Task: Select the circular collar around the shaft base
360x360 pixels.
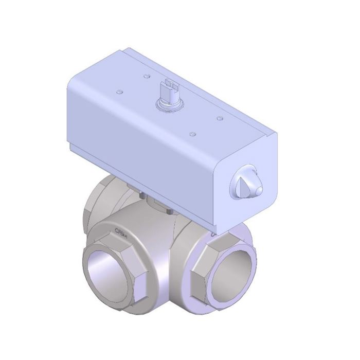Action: pyautogui.click(x=170, y=104)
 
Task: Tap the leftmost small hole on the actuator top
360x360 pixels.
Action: pyautogui.click(x=119, y=93)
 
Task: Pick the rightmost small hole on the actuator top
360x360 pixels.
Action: pyautogui.click(x=220, y=118)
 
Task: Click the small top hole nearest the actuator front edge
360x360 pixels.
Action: pyautogui.click(x=192, y=134)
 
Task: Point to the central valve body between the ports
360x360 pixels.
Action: pyautogui.click(x=154, y=257)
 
